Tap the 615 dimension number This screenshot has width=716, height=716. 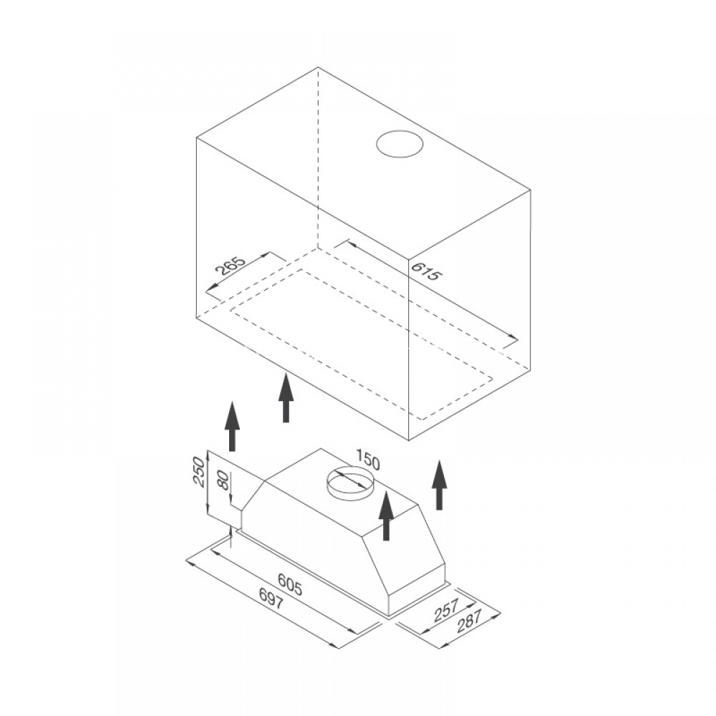(425, 271)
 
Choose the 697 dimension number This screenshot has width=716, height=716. (271, 599)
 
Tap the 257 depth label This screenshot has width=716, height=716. (445, 611)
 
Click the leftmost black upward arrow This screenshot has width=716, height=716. (232, 425)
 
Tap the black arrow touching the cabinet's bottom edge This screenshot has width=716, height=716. (286, 397)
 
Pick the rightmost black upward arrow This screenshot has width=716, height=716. (439, 485)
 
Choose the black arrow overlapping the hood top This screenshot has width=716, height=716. (386, 516)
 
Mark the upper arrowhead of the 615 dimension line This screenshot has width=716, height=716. (351, 245)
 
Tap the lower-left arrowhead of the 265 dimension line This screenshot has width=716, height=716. (212, 287)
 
